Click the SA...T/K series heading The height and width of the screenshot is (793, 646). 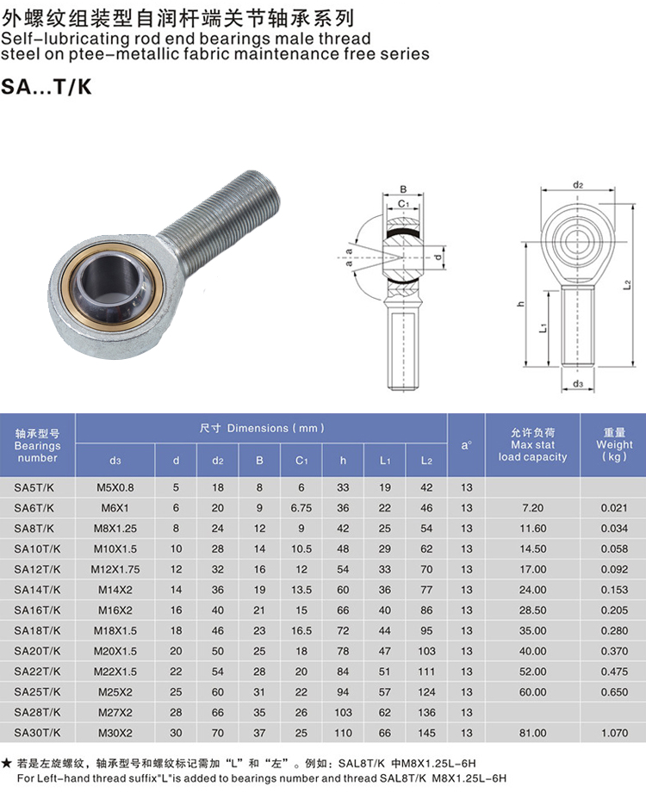pyautogui.click(x=46, y=87)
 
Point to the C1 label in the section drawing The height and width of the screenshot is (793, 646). pyautogui.click(x=403, y=204)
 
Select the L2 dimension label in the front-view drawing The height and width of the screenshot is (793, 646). pyautogui.click(x=627, y=285)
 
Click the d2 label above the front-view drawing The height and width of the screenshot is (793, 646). pyautogui.click(x=578, y=185)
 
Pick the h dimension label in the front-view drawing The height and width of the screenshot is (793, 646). pyautogui.click(x=521, y=303)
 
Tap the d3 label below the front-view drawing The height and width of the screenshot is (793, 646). pyautogui.click(x=578, y=384)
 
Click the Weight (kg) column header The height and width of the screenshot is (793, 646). pyautogui.click(x=614, y=444)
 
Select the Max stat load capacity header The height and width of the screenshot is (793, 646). pyautogui.click(x=532, y=444)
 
